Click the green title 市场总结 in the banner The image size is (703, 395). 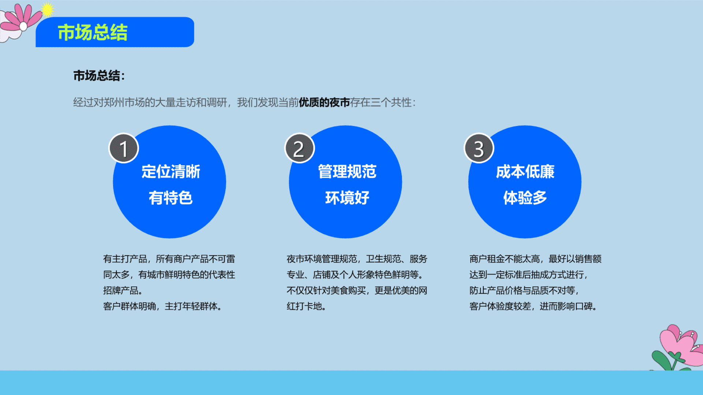pyautogui.click(x=93, y=32)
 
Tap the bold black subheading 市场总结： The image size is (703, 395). pyautogui.click(x=99, y=76)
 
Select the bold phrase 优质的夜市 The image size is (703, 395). pyautogui.click(x=324, y=102)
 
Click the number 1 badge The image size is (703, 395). pyautogui.click(x=124, y=148)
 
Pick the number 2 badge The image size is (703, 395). pyautogui.click(x=300, y=148)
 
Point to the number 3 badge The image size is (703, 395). pyautogui.click(x=479, y=148)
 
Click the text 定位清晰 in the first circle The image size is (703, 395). pyautogui.click(x=171, y=172)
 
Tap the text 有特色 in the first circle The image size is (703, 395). pyautogui.click(x=171, y=198)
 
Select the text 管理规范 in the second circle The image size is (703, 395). pyautogui.click(x=347, y=172)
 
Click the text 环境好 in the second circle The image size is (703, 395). pyautogui.click(x=347, y=198)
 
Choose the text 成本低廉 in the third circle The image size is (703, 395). pyautogui.click(x=525, y=172)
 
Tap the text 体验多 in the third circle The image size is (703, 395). pyautogui.click(x=525, y=198)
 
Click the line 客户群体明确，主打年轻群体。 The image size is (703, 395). pyautogui.click(x=163, y=306)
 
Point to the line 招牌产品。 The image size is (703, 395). pyautogui.click(x=123, y=290)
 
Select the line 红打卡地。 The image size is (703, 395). pyautogui.click(x=306, y=306)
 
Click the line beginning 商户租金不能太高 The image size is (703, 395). pyautogui.click(x=535, y=259)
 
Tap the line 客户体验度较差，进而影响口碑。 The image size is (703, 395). pyautogui.click(x=534, y=306)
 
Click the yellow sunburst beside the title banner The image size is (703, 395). pyautogui.click(x=47, y=10)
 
